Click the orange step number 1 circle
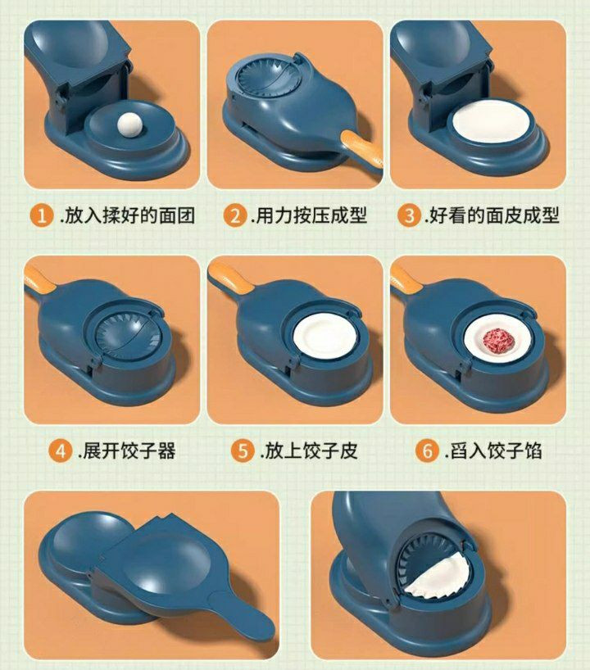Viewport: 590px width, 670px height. point(42,215)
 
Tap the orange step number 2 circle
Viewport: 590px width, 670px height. point(234,215)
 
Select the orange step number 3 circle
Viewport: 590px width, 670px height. point(409,215)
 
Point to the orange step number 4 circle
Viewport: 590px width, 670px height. point(61,451)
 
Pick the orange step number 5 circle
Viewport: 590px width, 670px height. point(243,451)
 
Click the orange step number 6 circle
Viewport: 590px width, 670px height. point(427,451)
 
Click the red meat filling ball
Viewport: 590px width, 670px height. point(498,340)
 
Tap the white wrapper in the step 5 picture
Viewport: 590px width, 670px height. point(325,336)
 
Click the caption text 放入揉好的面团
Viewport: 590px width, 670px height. point(127,215)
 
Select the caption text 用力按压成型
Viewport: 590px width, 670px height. point(309,215)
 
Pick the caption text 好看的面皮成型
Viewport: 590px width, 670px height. point(492,215)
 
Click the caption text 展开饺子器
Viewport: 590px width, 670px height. point(127,451)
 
